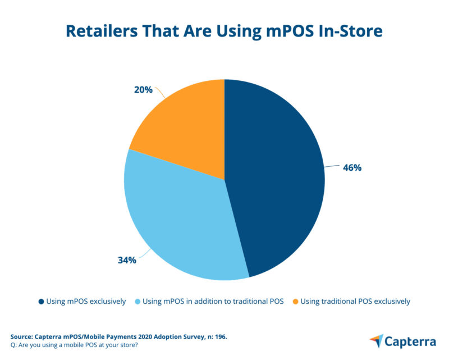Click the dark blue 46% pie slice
point(275,180)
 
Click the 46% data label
point(352,168)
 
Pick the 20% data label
point(143,89)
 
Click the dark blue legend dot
point(42,302)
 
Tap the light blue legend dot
point(138,302)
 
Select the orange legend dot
point(295,302)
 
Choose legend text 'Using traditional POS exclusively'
point(355,302)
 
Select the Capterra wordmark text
point(411,340)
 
